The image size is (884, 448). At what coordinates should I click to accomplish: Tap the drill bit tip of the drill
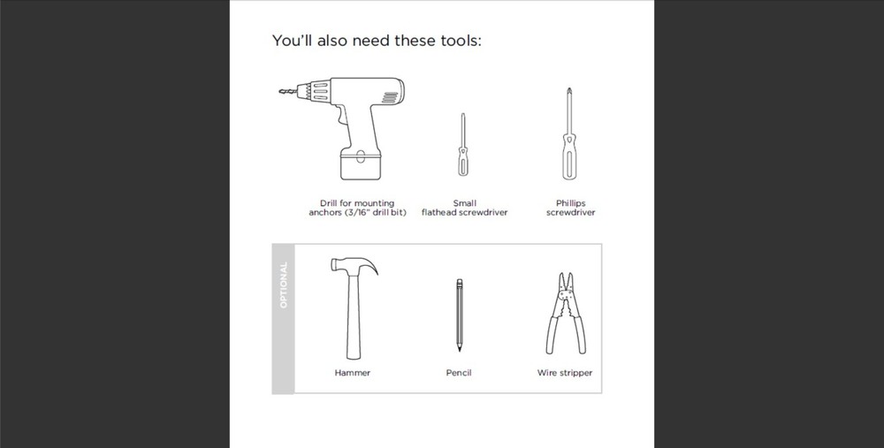280,91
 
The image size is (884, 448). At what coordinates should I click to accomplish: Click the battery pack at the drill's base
361,164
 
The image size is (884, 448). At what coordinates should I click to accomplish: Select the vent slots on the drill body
390,97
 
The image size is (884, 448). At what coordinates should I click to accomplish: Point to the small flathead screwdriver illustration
463,144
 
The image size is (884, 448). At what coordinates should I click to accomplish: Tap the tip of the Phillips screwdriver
569,89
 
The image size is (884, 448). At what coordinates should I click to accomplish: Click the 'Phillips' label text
570,203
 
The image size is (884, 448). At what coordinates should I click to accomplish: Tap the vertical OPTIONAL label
283,285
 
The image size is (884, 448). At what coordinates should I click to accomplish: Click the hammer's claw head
354,267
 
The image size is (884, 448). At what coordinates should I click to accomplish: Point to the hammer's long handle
354,317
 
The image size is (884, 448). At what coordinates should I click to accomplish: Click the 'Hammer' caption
353,373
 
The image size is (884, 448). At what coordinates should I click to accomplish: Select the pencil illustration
459,315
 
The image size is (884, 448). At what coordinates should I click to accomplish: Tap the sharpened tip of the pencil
459,350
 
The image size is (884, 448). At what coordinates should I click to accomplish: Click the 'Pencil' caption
458,373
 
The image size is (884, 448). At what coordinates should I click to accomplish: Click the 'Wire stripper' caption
564,373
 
